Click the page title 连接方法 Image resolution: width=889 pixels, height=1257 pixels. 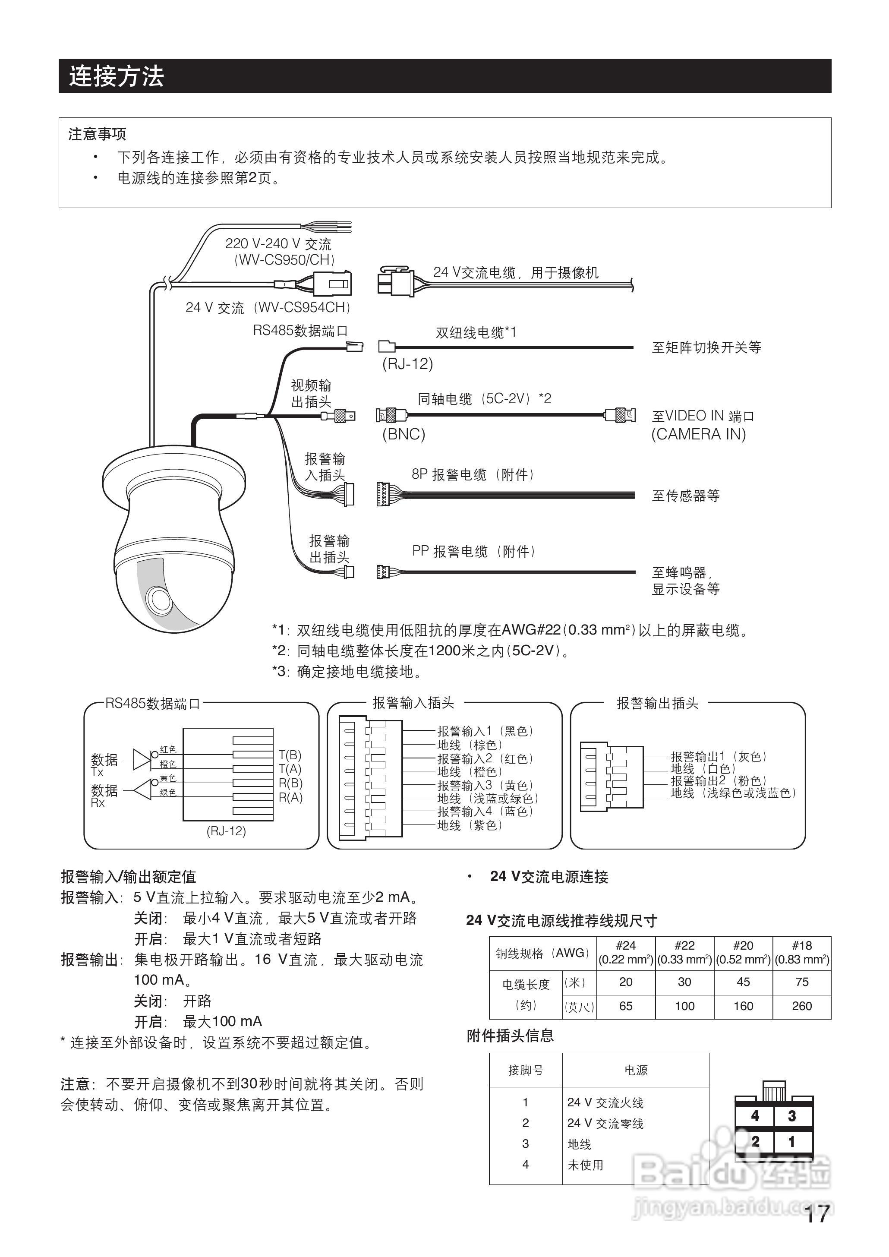point(116,76)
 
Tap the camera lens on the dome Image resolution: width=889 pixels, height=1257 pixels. point(160,598)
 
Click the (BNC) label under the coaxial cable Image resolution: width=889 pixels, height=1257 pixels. point(404,434)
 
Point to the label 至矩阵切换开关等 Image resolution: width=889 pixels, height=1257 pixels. point(706,347)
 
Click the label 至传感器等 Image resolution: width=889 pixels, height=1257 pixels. point(685,496)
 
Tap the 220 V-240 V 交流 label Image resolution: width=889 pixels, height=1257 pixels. point(278,243)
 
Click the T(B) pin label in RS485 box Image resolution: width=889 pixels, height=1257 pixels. point(290,755)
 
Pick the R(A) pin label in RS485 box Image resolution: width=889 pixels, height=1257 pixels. point(290,797)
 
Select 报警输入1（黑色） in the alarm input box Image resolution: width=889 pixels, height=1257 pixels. point(485,731)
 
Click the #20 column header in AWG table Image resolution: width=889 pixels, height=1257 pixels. point(743,945)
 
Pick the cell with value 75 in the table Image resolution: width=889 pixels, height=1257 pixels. point(801,982)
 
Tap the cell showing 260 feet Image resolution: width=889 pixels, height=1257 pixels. point(801,1006)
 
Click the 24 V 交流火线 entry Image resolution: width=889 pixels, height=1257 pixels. point(605,1102)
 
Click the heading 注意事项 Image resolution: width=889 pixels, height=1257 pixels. point(98,134)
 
